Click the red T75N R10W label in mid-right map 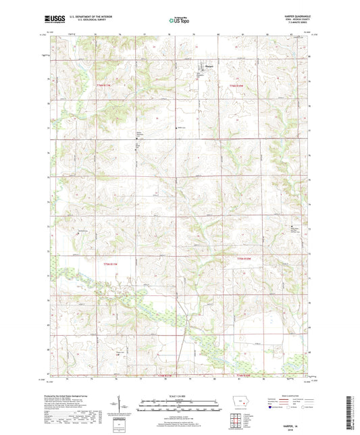pyautogui.click(x=245, y=259)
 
